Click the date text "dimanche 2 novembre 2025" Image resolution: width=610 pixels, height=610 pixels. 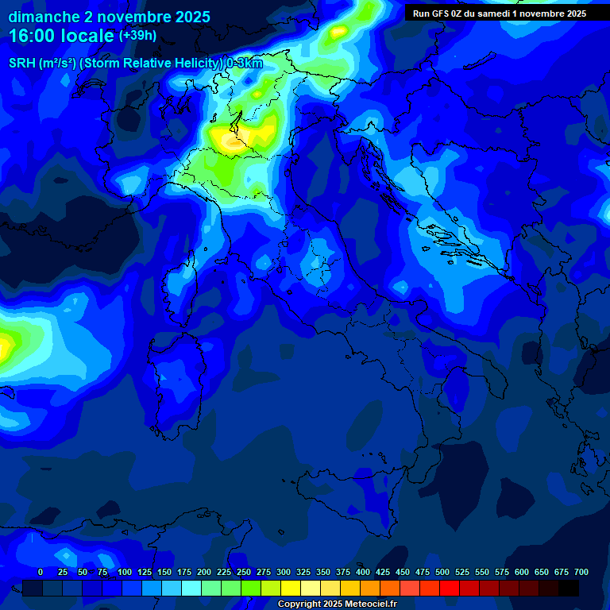pos(109,17)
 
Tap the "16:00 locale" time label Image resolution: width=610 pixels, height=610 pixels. pos(61,36)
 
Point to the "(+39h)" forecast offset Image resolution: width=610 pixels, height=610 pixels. pos(137,36)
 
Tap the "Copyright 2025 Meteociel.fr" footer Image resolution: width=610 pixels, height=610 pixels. pos(337,604)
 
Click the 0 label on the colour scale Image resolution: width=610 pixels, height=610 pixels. pos(41,572)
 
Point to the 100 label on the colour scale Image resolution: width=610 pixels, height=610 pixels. pos(125,572)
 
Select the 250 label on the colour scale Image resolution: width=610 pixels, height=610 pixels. pos(244,572)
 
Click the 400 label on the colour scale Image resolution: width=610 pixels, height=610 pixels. pos(363,572)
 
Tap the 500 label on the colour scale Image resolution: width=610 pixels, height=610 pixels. pos(442,572)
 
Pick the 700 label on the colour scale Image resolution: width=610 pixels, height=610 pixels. pos(581,572)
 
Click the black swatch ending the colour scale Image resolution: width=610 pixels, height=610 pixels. pos(569,588)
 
